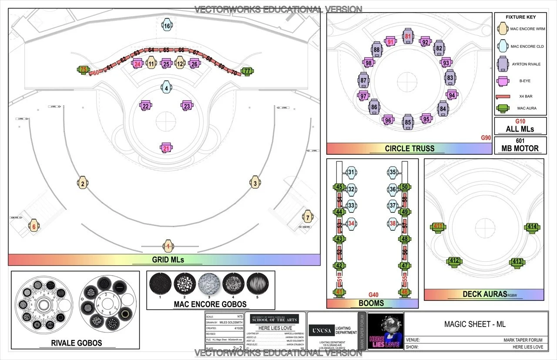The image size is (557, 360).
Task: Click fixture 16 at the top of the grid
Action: tap(167, 26)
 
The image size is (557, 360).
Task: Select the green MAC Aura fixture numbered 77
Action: tap(247, 70)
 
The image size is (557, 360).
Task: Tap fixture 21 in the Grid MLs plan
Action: tap(166, 148)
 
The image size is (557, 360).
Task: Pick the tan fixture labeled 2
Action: tap(82, 183)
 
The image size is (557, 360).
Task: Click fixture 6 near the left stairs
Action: tap(34, 226)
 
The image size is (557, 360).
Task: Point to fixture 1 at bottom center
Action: tap(168, 246)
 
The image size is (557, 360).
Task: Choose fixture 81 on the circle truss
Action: tap(408, 37)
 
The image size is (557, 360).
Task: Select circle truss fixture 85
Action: tap(407, 122)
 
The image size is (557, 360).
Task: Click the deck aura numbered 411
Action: tap(438, 226)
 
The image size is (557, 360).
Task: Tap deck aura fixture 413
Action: tap(517, 261)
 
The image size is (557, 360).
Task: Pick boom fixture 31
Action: tap(351, 172)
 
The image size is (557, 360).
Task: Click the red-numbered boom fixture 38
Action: tap(393, 223)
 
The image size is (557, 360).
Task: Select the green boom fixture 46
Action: tap(404, 292)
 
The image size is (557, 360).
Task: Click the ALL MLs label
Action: tap(520, 129)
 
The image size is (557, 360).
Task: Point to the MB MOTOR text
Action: tap(520, 148)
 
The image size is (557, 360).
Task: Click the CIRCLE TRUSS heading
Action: tap(409, 148)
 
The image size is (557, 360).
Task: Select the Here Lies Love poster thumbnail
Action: tap(386, 331)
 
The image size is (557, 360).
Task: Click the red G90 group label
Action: tap(486, 138)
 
